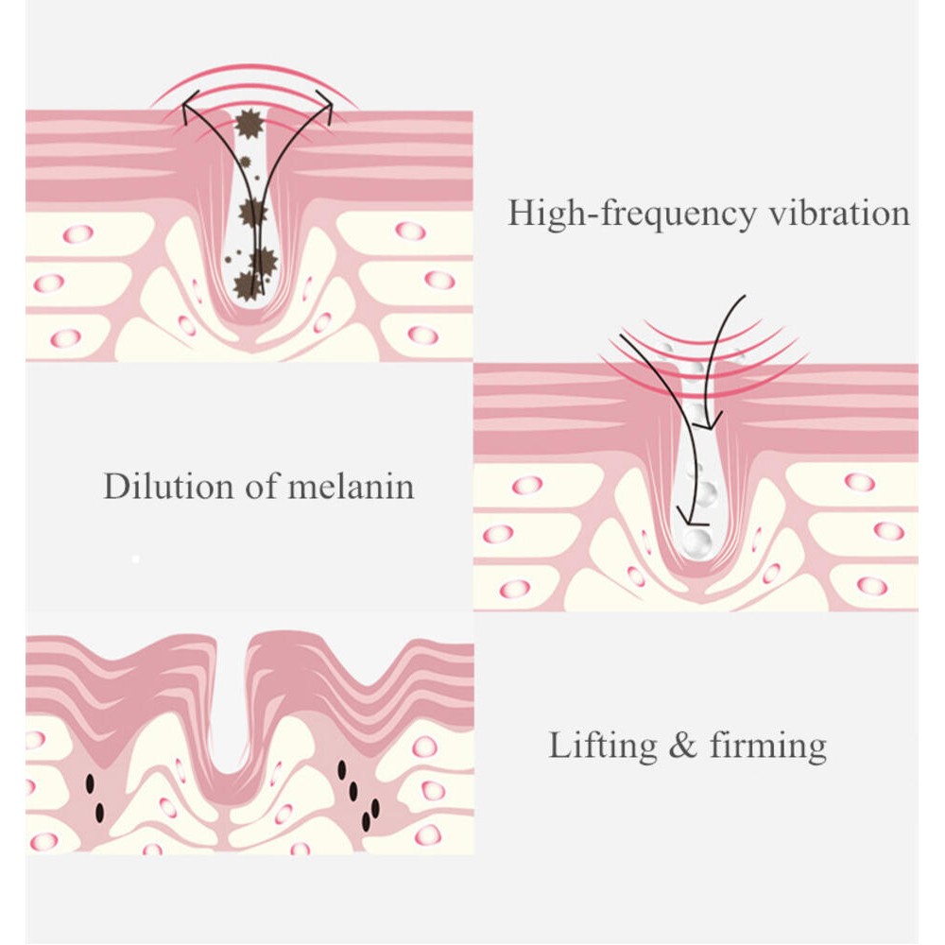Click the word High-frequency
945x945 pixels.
pyautogui.click(x=631, y=215)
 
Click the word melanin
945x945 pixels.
pyautogui.click(x=352, y=486)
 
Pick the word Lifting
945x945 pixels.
pyautogui.click(x=603, y=747)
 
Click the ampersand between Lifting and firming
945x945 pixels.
pyautogui.click(x=683, y=746)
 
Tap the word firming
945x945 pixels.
pyautogui.click(x=767, y=747)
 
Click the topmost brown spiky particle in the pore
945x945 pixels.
pyautogui.click(x=249, y=124)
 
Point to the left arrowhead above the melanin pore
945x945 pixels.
pyautogui.click(x=189, y=107)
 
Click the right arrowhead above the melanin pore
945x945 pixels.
pyautogui.click(x=326, y=107)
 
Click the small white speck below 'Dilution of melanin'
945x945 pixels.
pyautogui.click(x=135, y=559)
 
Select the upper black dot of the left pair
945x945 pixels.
pyautogui.click(x=91, y=783)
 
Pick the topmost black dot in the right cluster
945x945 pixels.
pyautogui.click(x=342, y=769)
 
